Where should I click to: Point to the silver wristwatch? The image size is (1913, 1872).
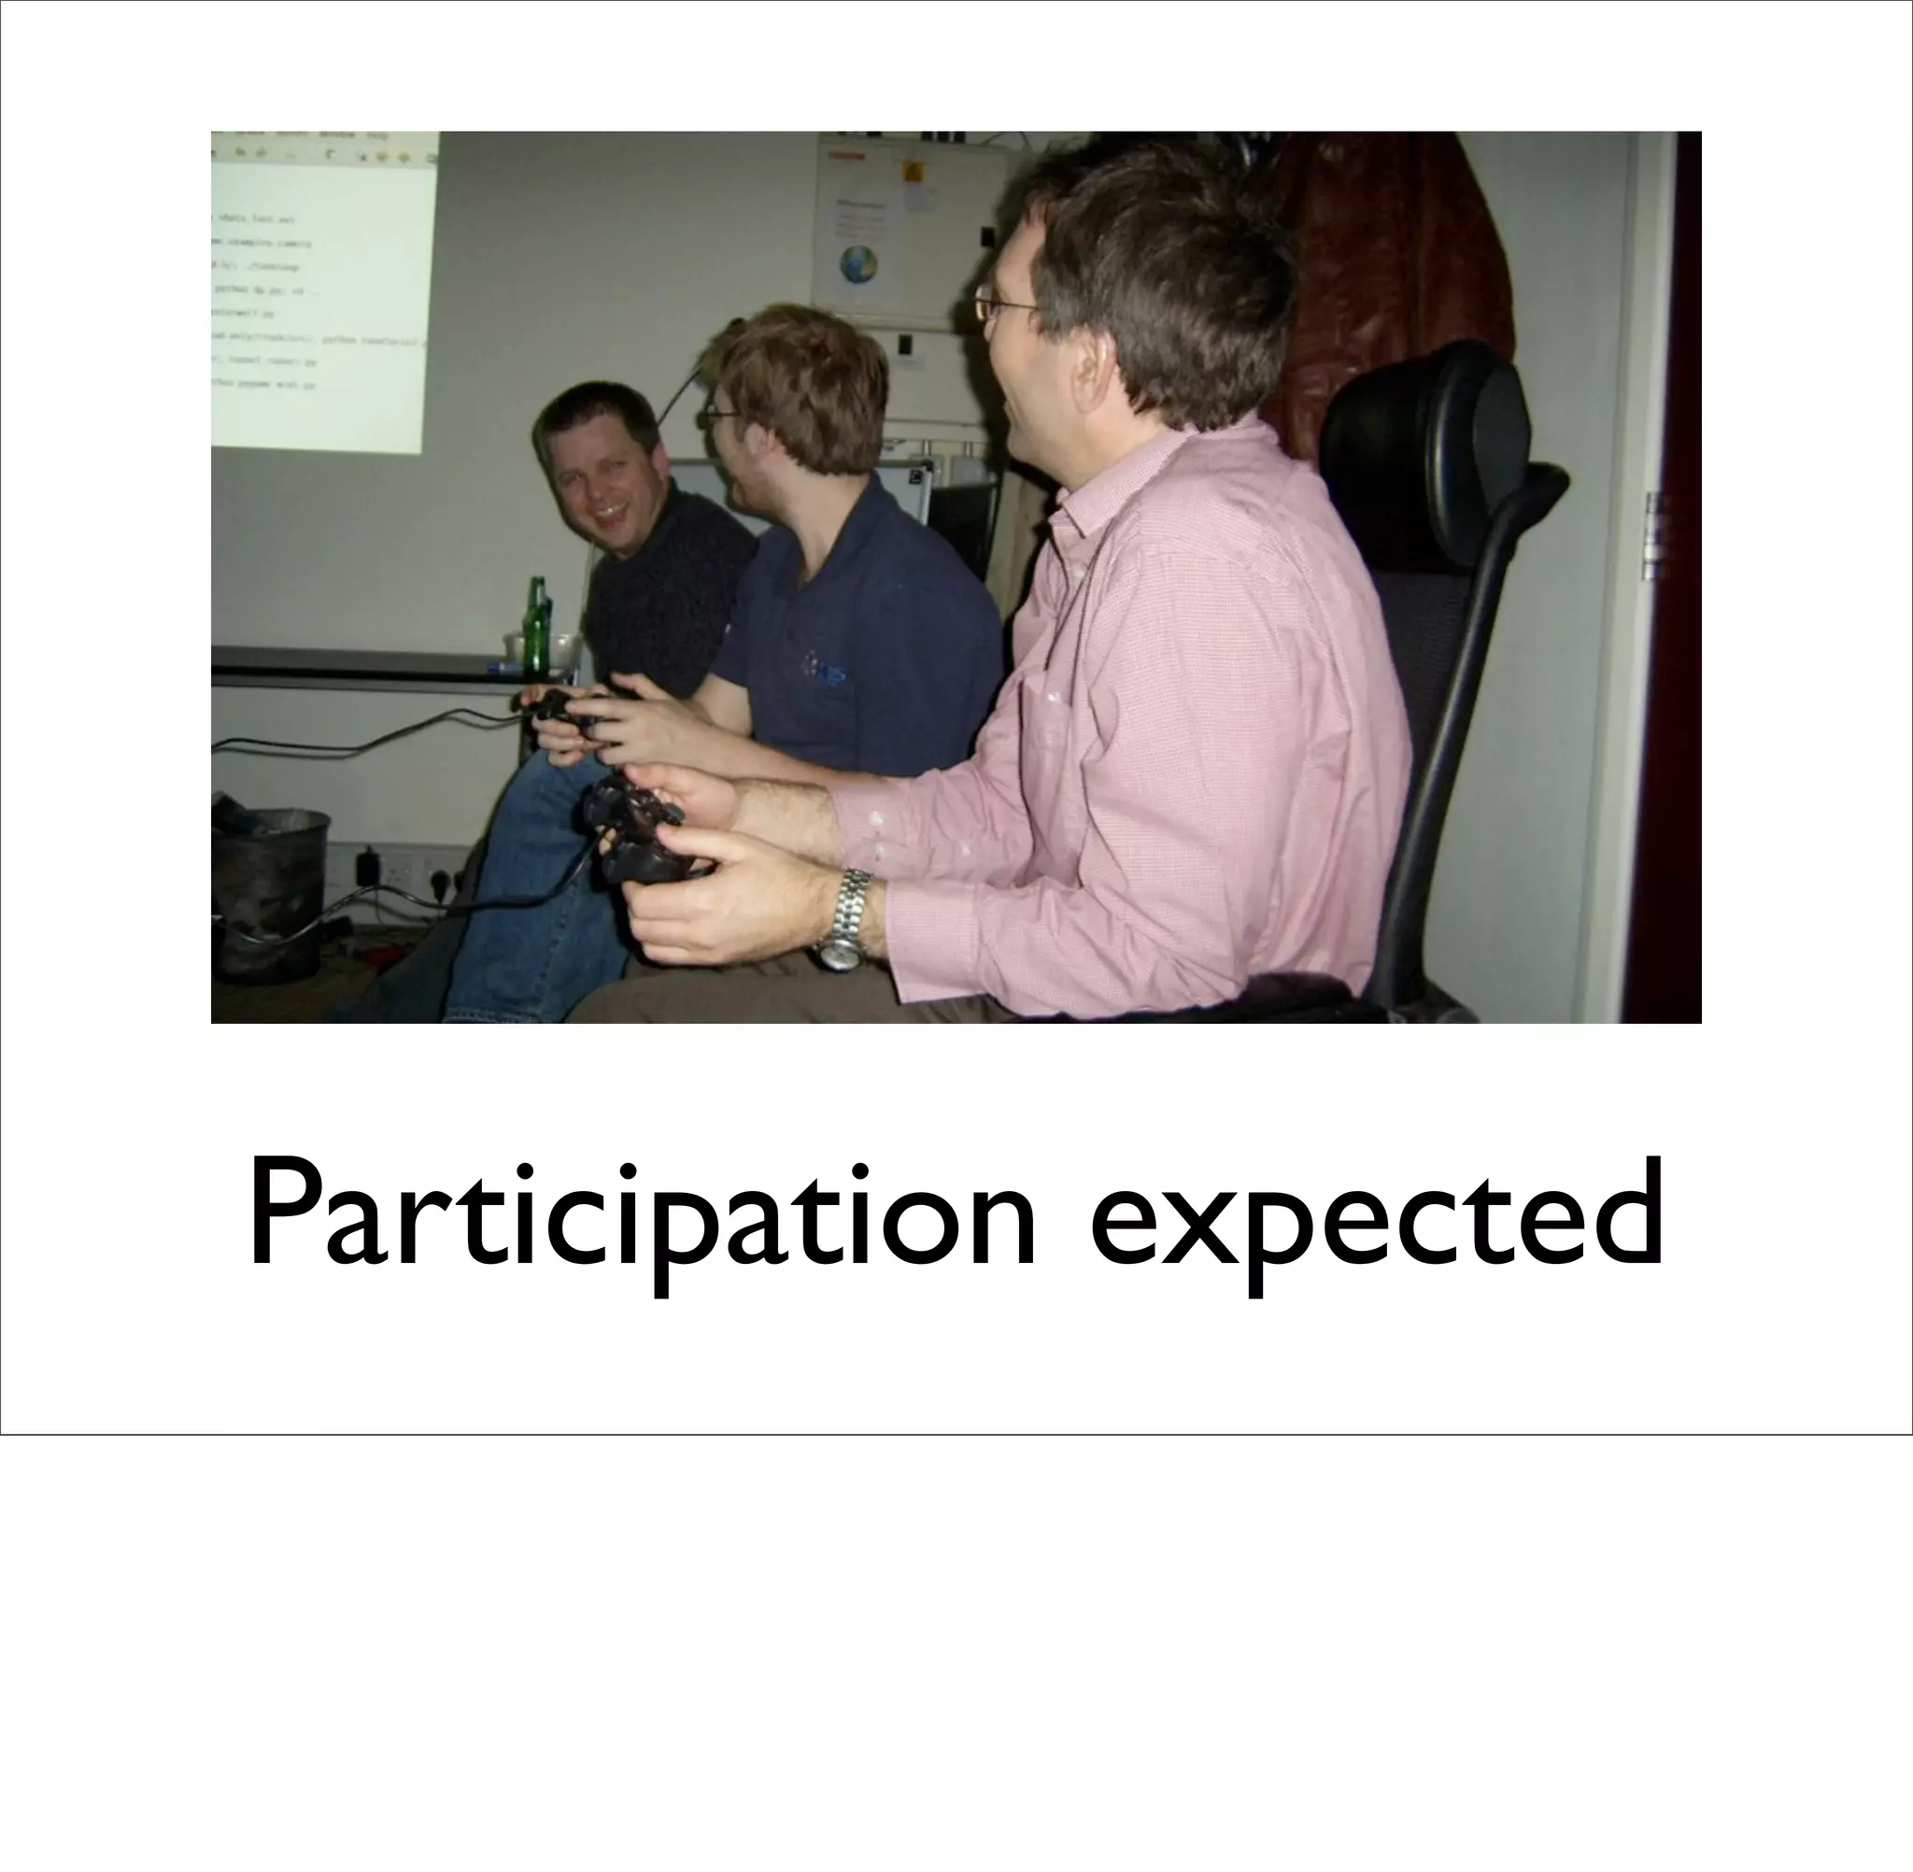point(844,919)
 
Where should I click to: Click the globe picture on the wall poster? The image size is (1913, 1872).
point(858,264)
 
